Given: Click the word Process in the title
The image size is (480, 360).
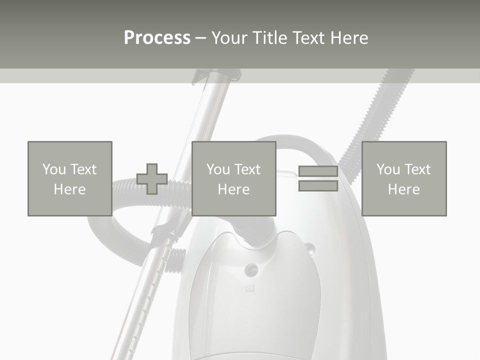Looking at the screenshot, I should (157, 38).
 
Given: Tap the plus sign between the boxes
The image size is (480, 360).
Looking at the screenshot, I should (152, 179).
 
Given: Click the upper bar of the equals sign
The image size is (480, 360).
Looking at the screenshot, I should (318, 171).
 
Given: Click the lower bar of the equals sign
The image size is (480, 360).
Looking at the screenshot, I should (318, 186).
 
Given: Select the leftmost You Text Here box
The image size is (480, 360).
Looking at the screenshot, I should (69, 178).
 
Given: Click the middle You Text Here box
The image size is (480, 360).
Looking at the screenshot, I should (233, 178).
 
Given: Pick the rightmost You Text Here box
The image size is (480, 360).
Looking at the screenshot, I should (403, 178).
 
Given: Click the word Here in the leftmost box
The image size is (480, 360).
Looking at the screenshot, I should (69, 189).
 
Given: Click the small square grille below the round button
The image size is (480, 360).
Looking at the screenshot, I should (250, 288).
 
